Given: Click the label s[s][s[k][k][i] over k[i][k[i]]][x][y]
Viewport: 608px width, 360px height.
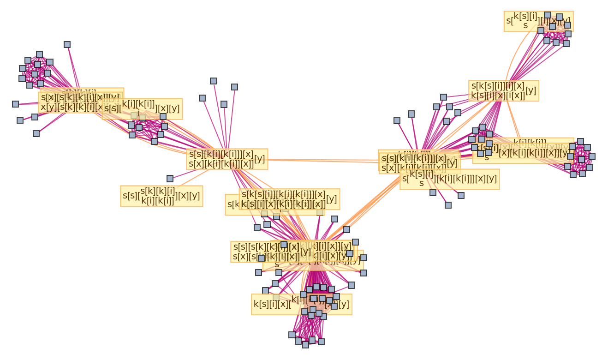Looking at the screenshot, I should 161,196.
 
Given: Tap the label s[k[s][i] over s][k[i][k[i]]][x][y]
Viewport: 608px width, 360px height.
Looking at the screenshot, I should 450,179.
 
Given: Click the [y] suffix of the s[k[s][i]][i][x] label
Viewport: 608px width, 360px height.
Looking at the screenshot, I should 531,90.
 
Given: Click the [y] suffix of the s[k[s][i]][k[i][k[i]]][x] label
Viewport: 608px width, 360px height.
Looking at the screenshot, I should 332,199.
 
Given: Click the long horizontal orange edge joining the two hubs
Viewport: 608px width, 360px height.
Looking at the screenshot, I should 323,160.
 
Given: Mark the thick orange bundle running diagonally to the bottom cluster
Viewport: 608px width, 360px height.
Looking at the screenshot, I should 360,208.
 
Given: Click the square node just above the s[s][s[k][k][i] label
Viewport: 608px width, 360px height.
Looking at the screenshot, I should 170,179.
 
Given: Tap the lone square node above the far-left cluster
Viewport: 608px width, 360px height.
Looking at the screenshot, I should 67,45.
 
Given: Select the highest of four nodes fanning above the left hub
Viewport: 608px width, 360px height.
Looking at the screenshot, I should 213,81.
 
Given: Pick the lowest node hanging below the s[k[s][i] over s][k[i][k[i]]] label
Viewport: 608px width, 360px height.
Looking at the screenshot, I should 448,205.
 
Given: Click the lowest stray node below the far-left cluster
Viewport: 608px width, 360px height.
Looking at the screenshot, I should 36,133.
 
